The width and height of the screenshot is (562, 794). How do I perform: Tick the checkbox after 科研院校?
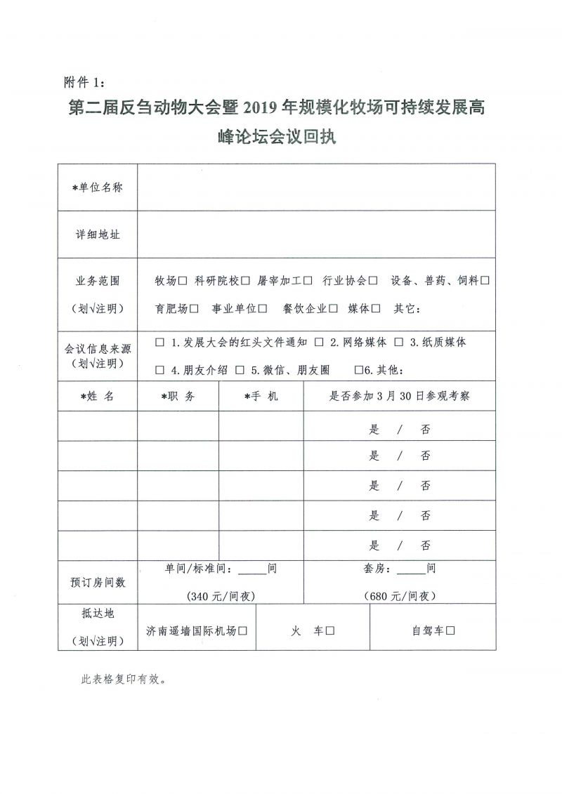point(245,281)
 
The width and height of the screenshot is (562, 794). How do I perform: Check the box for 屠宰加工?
point(308,281)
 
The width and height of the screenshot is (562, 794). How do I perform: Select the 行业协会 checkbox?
point(373,281)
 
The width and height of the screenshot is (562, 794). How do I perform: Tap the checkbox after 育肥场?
point(194,308)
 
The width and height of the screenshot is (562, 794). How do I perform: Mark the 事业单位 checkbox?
point(263,308)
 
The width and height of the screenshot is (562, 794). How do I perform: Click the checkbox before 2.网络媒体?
point(319,342)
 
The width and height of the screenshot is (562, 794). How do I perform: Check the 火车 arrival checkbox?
point(328,631)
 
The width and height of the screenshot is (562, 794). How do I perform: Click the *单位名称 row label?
point(98,187)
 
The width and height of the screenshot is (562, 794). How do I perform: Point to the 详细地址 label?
point(98,234)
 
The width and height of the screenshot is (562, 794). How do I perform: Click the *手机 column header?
point(261,396)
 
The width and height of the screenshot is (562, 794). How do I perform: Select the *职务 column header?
point(178,396)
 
